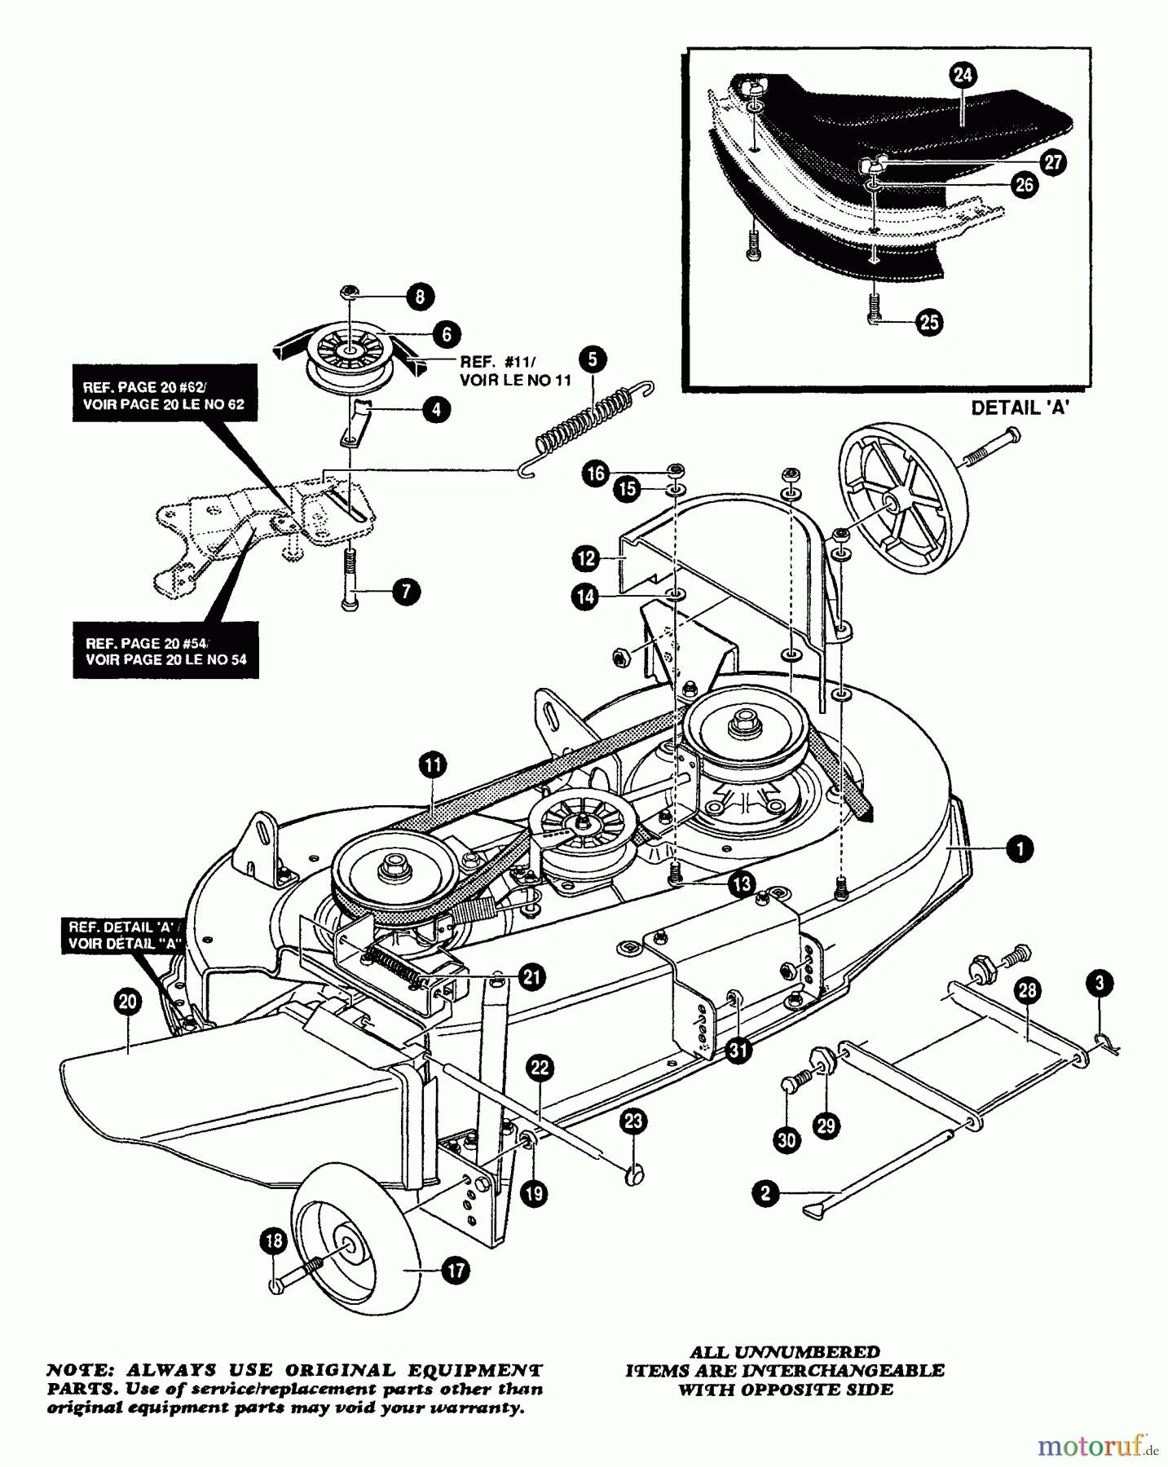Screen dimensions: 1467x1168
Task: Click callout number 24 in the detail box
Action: click(963, 76)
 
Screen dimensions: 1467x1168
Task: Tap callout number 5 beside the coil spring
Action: click(593, 359)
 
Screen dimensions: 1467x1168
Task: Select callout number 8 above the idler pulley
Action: click(421, 297)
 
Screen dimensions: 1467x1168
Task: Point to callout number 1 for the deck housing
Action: click(1019, 849)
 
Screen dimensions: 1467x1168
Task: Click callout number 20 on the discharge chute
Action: click(128, 1003)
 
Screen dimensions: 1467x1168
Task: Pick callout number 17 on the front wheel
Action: click(455, 1270)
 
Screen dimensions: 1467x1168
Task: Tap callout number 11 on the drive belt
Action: click(433, 764)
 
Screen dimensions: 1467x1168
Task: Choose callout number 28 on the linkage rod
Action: click(1029, 991)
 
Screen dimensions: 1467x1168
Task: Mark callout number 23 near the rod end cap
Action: click(633, 1122)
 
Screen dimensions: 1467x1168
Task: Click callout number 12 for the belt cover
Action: click(586, 559)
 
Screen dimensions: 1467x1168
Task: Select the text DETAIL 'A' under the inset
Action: click(1020, 409)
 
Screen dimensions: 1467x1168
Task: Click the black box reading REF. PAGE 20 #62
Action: click(165, 395)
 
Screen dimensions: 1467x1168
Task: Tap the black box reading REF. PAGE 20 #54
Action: click(165, 650)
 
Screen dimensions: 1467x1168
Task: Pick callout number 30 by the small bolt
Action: click(787, 1140)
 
